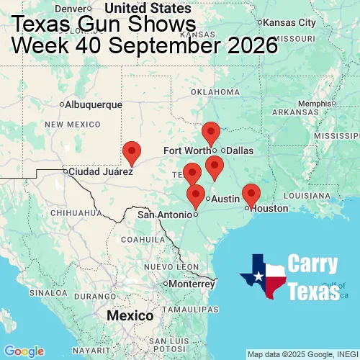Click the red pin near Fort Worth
(x=210, y=132)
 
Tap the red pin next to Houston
(x=251, y=194)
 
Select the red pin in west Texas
(x=132, y=152)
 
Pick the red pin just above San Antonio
(x=195, y=195)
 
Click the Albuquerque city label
(x=94, y=104)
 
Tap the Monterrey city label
(x=192, y=284)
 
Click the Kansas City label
(x=291, y=23)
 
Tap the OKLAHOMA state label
(x=215, y=92)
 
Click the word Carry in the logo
(x=313, y=264)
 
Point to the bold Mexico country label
(x=130, y=315)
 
